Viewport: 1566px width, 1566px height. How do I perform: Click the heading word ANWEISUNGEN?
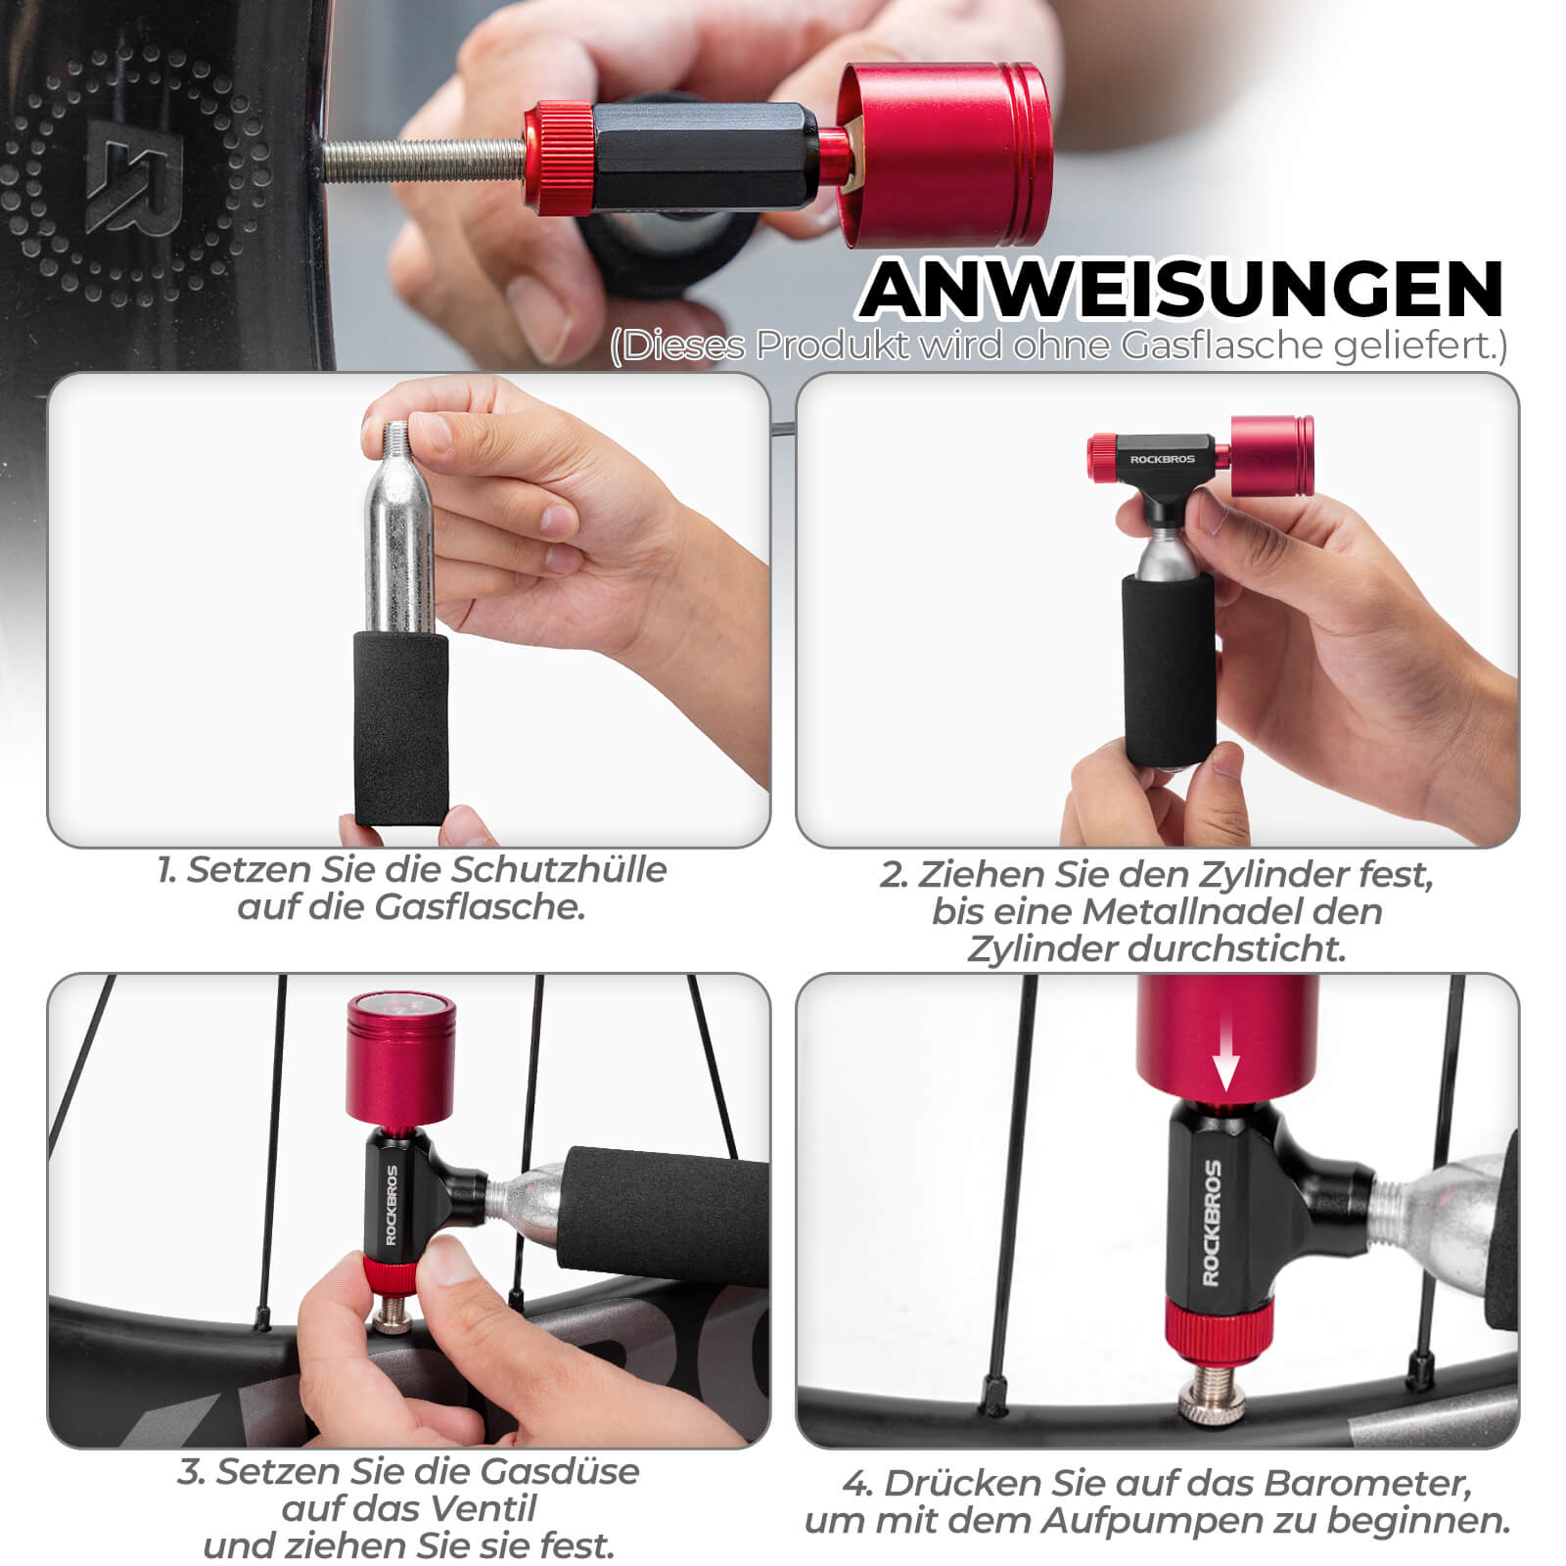(1181, 290)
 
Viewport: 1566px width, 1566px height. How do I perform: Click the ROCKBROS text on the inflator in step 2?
(1162, 459)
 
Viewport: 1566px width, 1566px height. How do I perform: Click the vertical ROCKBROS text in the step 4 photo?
(1212, 1222)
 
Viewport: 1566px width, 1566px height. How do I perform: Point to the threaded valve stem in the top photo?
(421, 161)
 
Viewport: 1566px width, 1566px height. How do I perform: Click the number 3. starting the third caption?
(192, 1471)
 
